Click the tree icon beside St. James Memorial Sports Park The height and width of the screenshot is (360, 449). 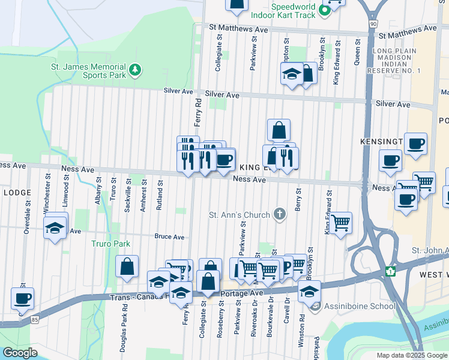point(136,71)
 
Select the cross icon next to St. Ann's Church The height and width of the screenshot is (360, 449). point(279,214)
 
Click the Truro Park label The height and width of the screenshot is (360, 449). point(110,244)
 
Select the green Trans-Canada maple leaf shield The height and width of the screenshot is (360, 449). point(391,271)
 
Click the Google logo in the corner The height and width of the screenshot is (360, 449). point(20,353)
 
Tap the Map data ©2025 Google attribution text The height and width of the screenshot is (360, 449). point(412,355)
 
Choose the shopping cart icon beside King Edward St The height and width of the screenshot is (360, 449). point(341,223)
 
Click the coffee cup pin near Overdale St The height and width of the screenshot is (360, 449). point(23,298)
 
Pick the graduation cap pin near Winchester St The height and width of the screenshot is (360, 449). point(55,227)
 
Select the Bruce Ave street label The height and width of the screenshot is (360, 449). point(169,236)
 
